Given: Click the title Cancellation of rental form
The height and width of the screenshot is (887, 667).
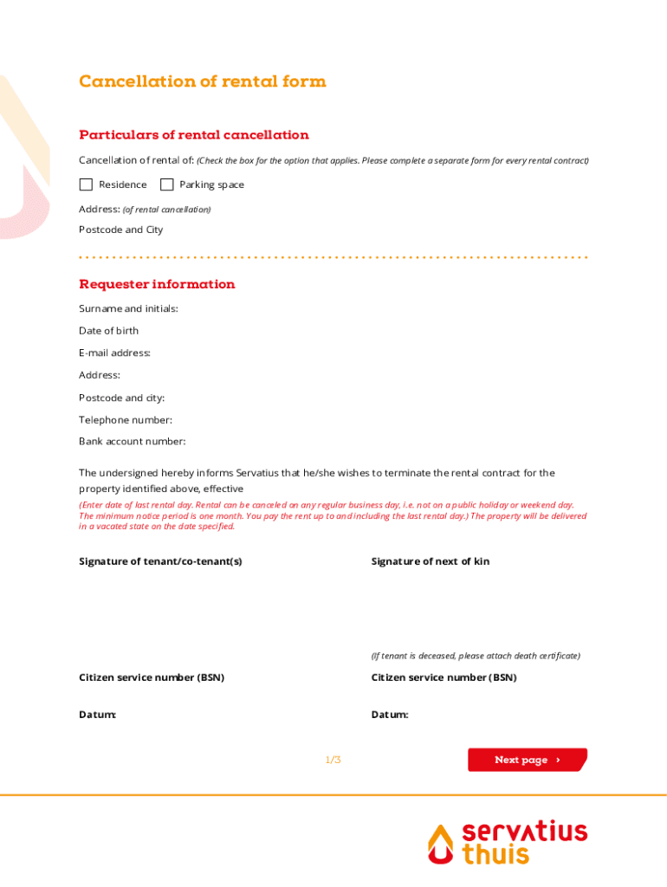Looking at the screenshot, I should tap(202, 81).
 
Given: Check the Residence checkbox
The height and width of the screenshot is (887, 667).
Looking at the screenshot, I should tap(86, 185).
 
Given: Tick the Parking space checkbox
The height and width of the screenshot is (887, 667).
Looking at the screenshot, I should tap(167, 185).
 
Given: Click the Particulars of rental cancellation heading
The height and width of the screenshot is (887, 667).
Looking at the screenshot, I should tap(193, 135).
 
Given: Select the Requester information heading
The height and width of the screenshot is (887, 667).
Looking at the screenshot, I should tap(157, 284).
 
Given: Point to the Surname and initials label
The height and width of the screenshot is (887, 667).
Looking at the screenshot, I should tap(128, 309).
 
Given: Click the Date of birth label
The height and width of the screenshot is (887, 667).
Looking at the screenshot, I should tap(108, 331).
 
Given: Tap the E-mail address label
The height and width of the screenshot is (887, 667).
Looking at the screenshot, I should tap(114, 353).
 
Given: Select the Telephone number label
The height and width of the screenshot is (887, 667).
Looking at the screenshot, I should tap(125, 420).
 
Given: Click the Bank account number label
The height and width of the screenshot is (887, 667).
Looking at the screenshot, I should tap(132, 442).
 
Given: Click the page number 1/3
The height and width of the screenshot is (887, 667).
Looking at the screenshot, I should tap(333, 760).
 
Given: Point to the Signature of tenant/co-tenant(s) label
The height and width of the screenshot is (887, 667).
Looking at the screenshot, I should tap(160, 561).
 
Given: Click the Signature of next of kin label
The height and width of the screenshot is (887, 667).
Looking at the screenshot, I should tap(430, 561).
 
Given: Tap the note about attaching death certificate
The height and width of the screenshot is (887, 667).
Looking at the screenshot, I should tap(476, 656).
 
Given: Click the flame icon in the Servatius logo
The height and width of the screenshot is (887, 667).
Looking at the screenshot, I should tap(441, 844).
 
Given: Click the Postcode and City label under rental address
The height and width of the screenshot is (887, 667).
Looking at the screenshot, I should tap(120, 230).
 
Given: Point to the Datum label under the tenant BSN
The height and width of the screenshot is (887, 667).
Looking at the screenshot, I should tap(97, 715).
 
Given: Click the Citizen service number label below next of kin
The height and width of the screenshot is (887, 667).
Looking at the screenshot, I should tap(444, 677).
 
